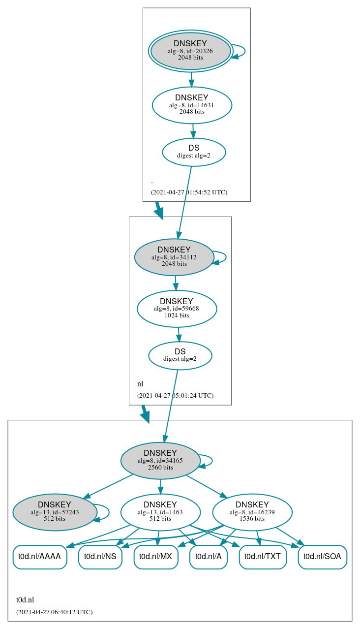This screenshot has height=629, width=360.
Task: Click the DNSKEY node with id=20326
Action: pyautogui.click(x=190, y=51)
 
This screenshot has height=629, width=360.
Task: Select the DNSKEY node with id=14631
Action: pyautogui.click(x=192, y=105)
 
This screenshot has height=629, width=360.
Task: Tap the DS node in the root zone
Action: pyautogui.click(x=194, y=152)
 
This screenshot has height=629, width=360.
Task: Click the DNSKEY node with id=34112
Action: pyautogui.click(x=174, y=257)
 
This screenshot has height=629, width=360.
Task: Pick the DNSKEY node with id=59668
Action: pyautogui.click(x=177, y=309)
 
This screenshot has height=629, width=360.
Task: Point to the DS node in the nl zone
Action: pyautogui.click(x=180, y=355)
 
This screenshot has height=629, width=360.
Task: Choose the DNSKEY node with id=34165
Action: pyautogui.click(x=160, y=461)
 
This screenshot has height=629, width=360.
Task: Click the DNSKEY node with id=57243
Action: pyautogui.click(x=55, y=512)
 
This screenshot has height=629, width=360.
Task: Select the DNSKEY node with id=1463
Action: pyautogui.click(x=160, y=512)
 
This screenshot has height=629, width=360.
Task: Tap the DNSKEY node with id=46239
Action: pyautogui.click(x=252, y=512)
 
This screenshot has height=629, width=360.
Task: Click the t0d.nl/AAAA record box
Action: pyautogui.click(x=39, y=557)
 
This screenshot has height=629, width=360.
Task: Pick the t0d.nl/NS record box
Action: pyautogui.click(x=100, y=557)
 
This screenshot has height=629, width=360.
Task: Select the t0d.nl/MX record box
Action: pyautogui.click(x=156, y=557)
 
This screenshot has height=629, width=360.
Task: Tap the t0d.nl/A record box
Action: pyautogui.click(x=209, y=557)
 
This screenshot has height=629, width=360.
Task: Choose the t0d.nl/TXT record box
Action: pyautogui.click(x=263, y=557)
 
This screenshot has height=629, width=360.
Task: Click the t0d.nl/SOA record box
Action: pyautogui.click(x=323, y=557)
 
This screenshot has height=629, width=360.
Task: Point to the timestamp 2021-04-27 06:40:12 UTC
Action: pyautogui.click(x=54, y=612)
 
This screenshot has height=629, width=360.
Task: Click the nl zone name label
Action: pyautogui.click(x=140, y=384)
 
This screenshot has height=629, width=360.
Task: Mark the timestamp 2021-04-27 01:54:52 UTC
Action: pyautogui.click(x=189, y=192)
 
